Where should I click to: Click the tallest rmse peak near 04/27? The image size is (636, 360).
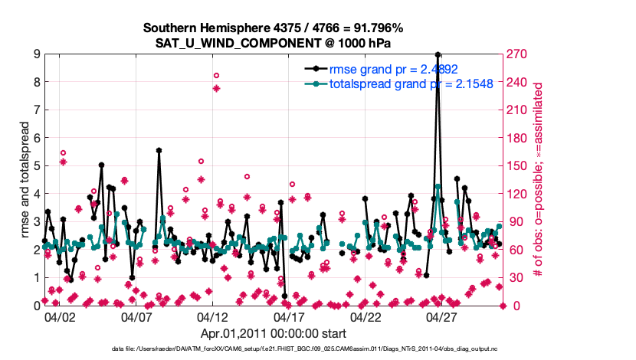pyautogui.click(x=438, y=55)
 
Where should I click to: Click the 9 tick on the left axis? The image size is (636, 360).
pyautogui.click(x=36, y=54)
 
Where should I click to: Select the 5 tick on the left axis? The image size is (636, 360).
pyautogui.click(x=36, y=165)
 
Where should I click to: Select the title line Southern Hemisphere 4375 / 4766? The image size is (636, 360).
pyautogui.click(x=274, y=28)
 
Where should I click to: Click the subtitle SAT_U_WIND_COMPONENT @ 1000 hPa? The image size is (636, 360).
pyautogui.click(x=274, y=42)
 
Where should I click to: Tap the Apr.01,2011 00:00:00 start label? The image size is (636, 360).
pyautogui.click(x=273, y=333)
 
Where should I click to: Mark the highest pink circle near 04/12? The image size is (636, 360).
pyautogui.click(x=216, y=75)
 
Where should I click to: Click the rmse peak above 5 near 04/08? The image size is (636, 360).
pyautogui.click(x=159, y=151)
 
